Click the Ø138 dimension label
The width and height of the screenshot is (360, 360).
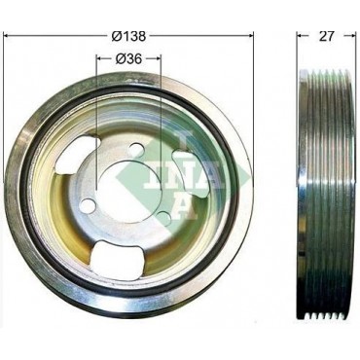(x=128, y=36)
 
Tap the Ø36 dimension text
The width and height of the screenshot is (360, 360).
(x=128, y=58)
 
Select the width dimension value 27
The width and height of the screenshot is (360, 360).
(x=326, y=36)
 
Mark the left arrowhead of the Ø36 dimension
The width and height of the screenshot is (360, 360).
(x=100, y=58)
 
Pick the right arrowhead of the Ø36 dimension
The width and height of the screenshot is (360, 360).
(x=157, y=58)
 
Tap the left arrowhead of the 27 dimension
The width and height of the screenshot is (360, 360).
(x=301, y=35)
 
